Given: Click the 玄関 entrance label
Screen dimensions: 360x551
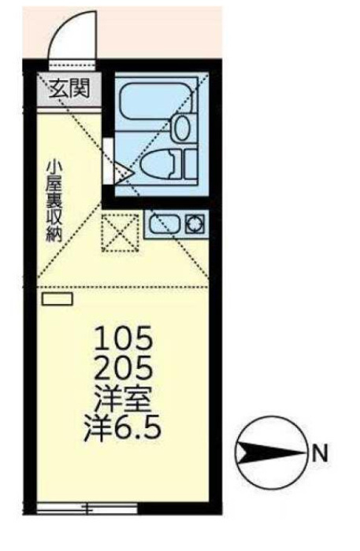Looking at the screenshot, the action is (x=69, y=88).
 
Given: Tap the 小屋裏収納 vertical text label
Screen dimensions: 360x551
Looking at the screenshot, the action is (x=54, y=201).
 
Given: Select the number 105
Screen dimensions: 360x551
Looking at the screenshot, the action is (x=124, y=338).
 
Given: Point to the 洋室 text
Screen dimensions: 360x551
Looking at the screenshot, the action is (x=123, y=401).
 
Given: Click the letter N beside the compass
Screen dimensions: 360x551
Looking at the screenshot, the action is (x=320, y=453).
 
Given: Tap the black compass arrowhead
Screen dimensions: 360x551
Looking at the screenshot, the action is (x=271, y=453).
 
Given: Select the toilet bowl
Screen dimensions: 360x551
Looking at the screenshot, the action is (x=158, y=164).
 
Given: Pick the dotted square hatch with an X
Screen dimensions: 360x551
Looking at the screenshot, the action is (x=120, y=233).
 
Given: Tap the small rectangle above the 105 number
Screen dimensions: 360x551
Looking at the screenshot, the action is (x=58, y=299).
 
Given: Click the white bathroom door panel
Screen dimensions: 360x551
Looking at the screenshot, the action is (x=108, y=161).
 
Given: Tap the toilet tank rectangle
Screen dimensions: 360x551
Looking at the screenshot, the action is (x=191, y=164).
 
